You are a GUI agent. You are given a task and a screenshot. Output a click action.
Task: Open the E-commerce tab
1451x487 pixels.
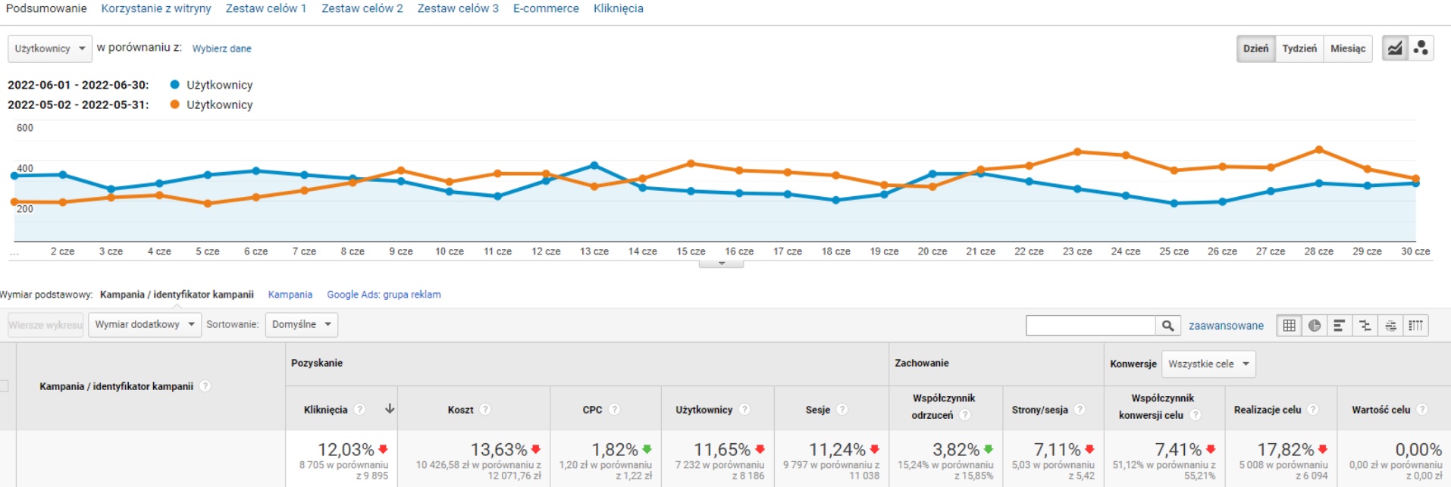tap(546, 8)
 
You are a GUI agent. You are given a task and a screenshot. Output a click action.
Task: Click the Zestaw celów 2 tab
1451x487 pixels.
tap(362, 8)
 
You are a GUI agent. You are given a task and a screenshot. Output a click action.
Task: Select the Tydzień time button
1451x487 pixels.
tap(1299, 48)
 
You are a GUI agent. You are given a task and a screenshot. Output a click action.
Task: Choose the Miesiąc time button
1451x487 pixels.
tap(1348, 48)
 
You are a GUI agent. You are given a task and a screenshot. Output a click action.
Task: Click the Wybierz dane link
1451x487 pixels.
tap(221, 48)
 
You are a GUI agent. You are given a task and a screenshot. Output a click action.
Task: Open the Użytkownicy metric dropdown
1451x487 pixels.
tap(50, 48)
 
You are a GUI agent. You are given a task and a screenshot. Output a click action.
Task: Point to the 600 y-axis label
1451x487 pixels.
tap(25, 128)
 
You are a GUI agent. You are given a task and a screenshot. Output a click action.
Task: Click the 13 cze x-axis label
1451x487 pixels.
tap(594, 251)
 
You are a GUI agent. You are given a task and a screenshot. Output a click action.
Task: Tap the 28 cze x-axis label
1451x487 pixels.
tap(1318, 251)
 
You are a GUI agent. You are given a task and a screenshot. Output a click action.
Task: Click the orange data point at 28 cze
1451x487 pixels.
tap(1319, 150)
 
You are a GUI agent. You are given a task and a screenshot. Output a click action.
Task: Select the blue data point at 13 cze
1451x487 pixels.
tap(594, 165)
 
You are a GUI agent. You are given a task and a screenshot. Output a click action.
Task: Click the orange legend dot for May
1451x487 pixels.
tap(175, 105)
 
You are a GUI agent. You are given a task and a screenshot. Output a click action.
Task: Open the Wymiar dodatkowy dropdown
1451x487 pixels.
tap(145, 325)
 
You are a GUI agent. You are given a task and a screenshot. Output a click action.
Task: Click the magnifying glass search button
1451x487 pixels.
tap(1167, 326)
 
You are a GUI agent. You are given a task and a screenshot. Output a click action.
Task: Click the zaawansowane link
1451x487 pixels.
tap(1226, 326)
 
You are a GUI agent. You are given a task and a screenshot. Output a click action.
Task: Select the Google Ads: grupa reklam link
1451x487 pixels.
tap(384, 295)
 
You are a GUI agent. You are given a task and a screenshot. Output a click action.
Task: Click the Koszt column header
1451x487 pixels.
tap(460, 410)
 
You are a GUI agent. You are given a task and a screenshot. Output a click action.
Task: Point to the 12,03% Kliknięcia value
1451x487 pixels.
tap(346, 450)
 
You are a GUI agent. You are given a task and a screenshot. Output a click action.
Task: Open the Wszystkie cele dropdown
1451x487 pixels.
tap(1208, 364)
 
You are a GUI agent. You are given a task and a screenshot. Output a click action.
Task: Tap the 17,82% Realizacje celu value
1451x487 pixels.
tap(1285, 450)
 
